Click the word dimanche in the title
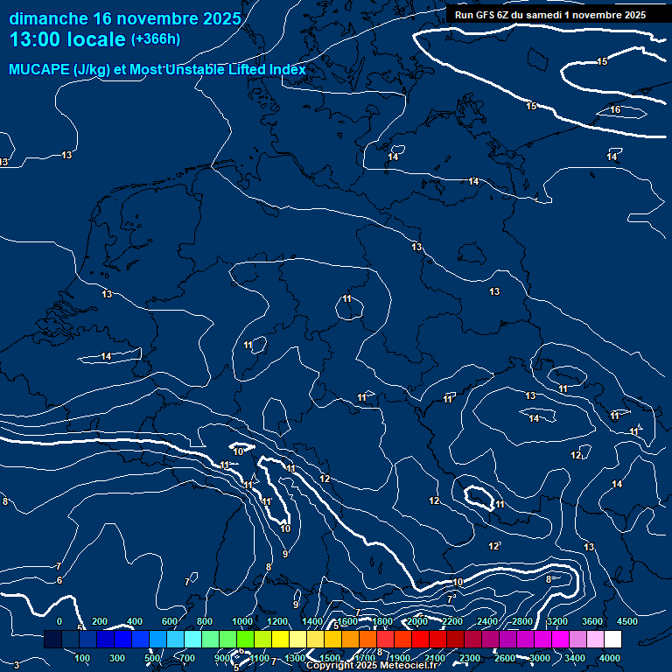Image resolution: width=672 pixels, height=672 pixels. pyautogui.click(x=47, y=18)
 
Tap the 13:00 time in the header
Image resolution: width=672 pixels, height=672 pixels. pyautogui.click(x=35, y=39)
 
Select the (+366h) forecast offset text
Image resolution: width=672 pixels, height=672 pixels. pyautogui.click(x=155, y=39)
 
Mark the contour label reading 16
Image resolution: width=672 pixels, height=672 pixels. pyautogui.click(x=615, y=109)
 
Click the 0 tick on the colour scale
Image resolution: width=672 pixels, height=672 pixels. pyautogui.click(x=59, y=621)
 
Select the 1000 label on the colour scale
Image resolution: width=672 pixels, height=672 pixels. pyautogui.click(x=241, y=621)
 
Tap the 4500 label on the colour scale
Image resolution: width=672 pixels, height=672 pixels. pyautogui.click(x=627, y=621)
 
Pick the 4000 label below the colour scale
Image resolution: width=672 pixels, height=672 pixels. pyautogui.click(x=610, y=658)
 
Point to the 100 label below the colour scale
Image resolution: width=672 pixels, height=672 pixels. pyautogui.click(x=83, y=658)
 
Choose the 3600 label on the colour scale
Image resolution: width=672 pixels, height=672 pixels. pyautogui.click(x=592, y=621)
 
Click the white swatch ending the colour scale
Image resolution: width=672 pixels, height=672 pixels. pyautogui.click(x=619, y=640)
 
